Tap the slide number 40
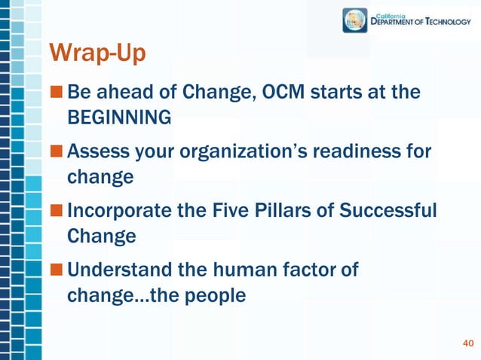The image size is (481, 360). pos(467,344)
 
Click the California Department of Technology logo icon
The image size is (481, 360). pos(354,20)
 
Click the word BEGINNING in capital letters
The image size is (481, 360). pos(119,118)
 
